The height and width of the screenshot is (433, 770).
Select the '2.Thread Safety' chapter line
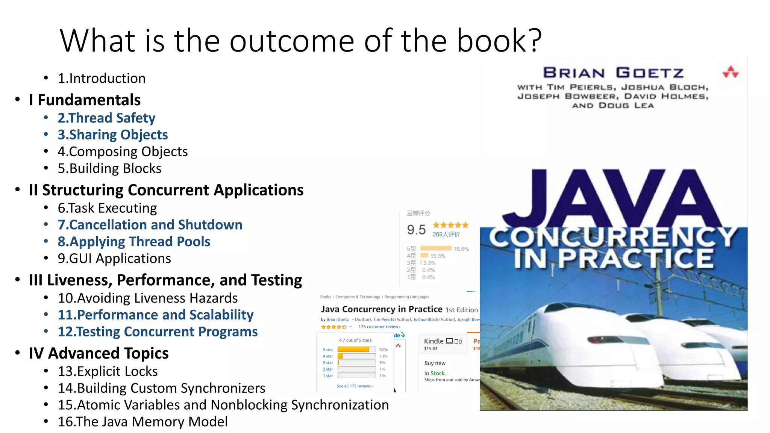click(106, 118)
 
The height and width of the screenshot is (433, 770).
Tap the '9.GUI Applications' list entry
click(114, 259)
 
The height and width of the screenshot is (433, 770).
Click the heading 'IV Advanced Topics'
click(99, 353)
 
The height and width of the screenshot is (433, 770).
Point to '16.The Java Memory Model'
click(142, 422)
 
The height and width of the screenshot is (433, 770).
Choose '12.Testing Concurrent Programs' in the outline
click(158, 332)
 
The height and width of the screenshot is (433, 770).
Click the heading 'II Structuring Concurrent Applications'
click(166, 190)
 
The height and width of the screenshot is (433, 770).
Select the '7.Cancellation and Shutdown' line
click(150, 225)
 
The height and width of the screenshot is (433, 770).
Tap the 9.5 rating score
click(416, 230)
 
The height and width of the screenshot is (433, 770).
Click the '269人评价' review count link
click(446, 234)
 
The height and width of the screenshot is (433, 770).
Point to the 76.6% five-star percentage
click(461, 249)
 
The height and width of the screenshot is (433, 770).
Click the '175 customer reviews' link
click(379, 327)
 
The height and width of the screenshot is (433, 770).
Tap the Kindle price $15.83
click(430, 348)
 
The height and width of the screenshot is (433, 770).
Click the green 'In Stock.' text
click(435, 373)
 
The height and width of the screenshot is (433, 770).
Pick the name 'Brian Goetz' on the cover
click(613, 73)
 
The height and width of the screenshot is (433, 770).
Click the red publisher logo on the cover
click(731, 72)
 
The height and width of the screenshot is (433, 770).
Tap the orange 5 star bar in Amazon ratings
click(353, 350)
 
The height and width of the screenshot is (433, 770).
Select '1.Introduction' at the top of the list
click(102, 78)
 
